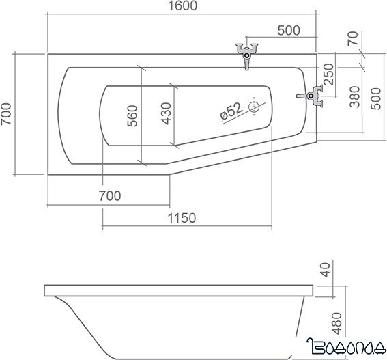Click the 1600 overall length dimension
click(x=181, y=7)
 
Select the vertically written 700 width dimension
click(x=8, y=113)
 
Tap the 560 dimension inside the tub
click(x=132, y=114)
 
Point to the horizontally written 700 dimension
click(x=110, y=196)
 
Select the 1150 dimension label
click(x=182, y=218)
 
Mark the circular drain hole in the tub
click(x=255, y=107)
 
